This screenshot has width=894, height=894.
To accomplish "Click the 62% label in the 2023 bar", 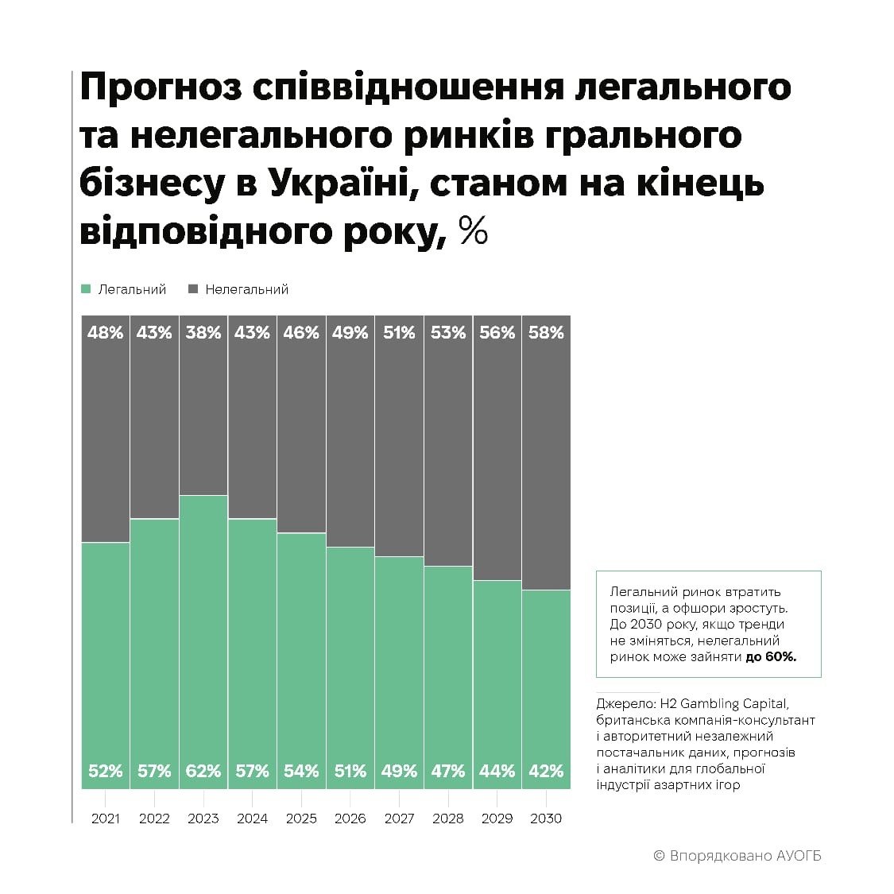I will click(x=203, y=771).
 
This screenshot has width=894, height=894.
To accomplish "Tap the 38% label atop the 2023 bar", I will click(x=203, y=332).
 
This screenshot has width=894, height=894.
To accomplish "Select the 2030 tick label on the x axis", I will click(x=545, y=819).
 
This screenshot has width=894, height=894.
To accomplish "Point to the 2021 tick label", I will click(x=106, y=819).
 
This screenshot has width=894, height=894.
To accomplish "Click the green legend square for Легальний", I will click(x=87, y=289).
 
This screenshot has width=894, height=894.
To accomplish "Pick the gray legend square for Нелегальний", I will click(x=193, y=289).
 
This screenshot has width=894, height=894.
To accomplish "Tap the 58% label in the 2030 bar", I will click(x=546, y=332).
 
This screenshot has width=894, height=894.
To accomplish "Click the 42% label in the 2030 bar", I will click(x=546, y=771).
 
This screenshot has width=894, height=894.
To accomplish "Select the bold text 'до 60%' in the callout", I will click(x=770, y=657).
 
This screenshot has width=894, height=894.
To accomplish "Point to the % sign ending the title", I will click(x=474, y=231).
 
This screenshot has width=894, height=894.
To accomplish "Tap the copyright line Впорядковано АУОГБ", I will click(x=737, y=856).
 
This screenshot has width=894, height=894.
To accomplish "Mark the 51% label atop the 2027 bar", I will click(x=399, y=332).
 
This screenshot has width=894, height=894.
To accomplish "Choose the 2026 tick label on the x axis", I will click(x=350, y=819).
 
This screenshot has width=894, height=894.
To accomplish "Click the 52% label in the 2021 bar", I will click(x=106, y=771).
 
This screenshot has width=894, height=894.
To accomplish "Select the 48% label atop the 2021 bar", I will click(x=106, y=332).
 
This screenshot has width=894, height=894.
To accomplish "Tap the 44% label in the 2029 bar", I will click(x=497, y=771).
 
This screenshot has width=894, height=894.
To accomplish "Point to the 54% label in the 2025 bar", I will click(x=301, y=771).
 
